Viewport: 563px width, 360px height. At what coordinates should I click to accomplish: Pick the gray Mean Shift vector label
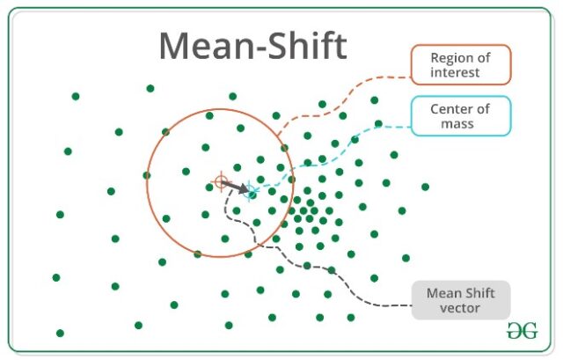461,299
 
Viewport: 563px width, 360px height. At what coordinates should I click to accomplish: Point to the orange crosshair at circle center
220,183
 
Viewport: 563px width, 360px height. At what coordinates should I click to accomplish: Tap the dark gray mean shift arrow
235,187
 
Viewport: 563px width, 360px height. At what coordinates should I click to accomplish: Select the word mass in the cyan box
459,124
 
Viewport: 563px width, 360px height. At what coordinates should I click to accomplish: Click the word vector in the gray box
461,307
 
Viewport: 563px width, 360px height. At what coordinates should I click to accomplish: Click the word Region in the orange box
449,57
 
